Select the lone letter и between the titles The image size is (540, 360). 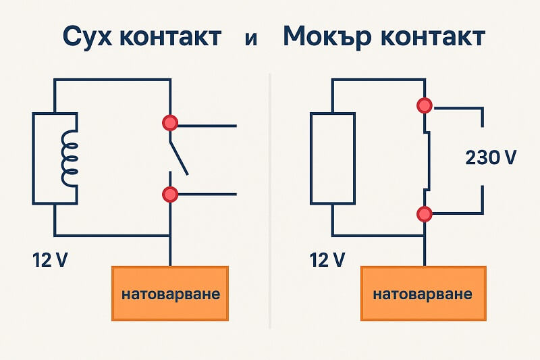click(251, 38)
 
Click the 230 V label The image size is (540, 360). click(491, 158)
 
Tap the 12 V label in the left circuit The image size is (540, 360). click(50, 259)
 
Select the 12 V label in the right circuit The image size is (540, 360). click(329, 259)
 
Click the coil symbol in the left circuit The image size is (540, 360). click(68, 159)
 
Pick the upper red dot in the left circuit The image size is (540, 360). click(170, 123)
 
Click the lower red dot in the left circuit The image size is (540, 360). click(170, 195)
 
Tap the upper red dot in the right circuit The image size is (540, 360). click(425, 106)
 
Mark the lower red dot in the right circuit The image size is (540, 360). click(425, 214)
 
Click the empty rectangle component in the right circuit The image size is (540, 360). click(332, 158)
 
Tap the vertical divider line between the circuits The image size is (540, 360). click(270, 203)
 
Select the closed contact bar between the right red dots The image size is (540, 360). click(427, 160)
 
